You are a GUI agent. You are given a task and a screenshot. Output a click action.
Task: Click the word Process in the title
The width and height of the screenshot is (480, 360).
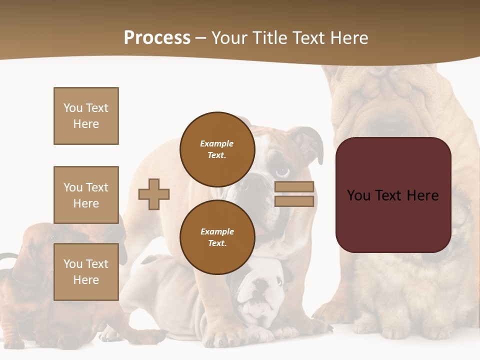tap(157, 37)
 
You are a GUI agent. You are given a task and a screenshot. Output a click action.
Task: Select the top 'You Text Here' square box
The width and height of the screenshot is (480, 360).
tap(86, 116)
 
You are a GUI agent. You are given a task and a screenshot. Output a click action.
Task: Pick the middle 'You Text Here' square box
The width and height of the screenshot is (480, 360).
tap(86, 195)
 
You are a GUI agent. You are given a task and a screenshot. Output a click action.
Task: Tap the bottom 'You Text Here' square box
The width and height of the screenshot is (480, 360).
tap(86, 272)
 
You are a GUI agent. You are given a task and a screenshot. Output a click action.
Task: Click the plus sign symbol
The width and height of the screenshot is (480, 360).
tap(154, 194)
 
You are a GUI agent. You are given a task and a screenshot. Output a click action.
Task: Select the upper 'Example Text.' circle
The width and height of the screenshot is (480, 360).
tap(217, 149)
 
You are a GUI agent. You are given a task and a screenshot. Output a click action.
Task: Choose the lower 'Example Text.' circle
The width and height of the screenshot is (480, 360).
tap(217, 237)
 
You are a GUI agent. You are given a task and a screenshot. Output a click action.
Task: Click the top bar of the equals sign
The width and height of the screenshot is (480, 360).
tap(294, 187)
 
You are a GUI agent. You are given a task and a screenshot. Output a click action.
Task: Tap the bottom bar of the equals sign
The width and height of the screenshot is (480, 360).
tap(294, 201)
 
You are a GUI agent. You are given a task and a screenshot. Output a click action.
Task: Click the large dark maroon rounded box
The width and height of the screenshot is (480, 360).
tap(393, 195)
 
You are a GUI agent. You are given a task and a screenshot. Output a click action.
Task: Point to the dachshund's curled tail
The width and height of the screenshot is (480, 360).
tap(7, 257)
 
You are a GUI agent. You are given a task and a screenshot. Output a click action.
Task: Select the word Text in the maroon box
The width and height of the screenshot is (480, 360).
tap(393, 195)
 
